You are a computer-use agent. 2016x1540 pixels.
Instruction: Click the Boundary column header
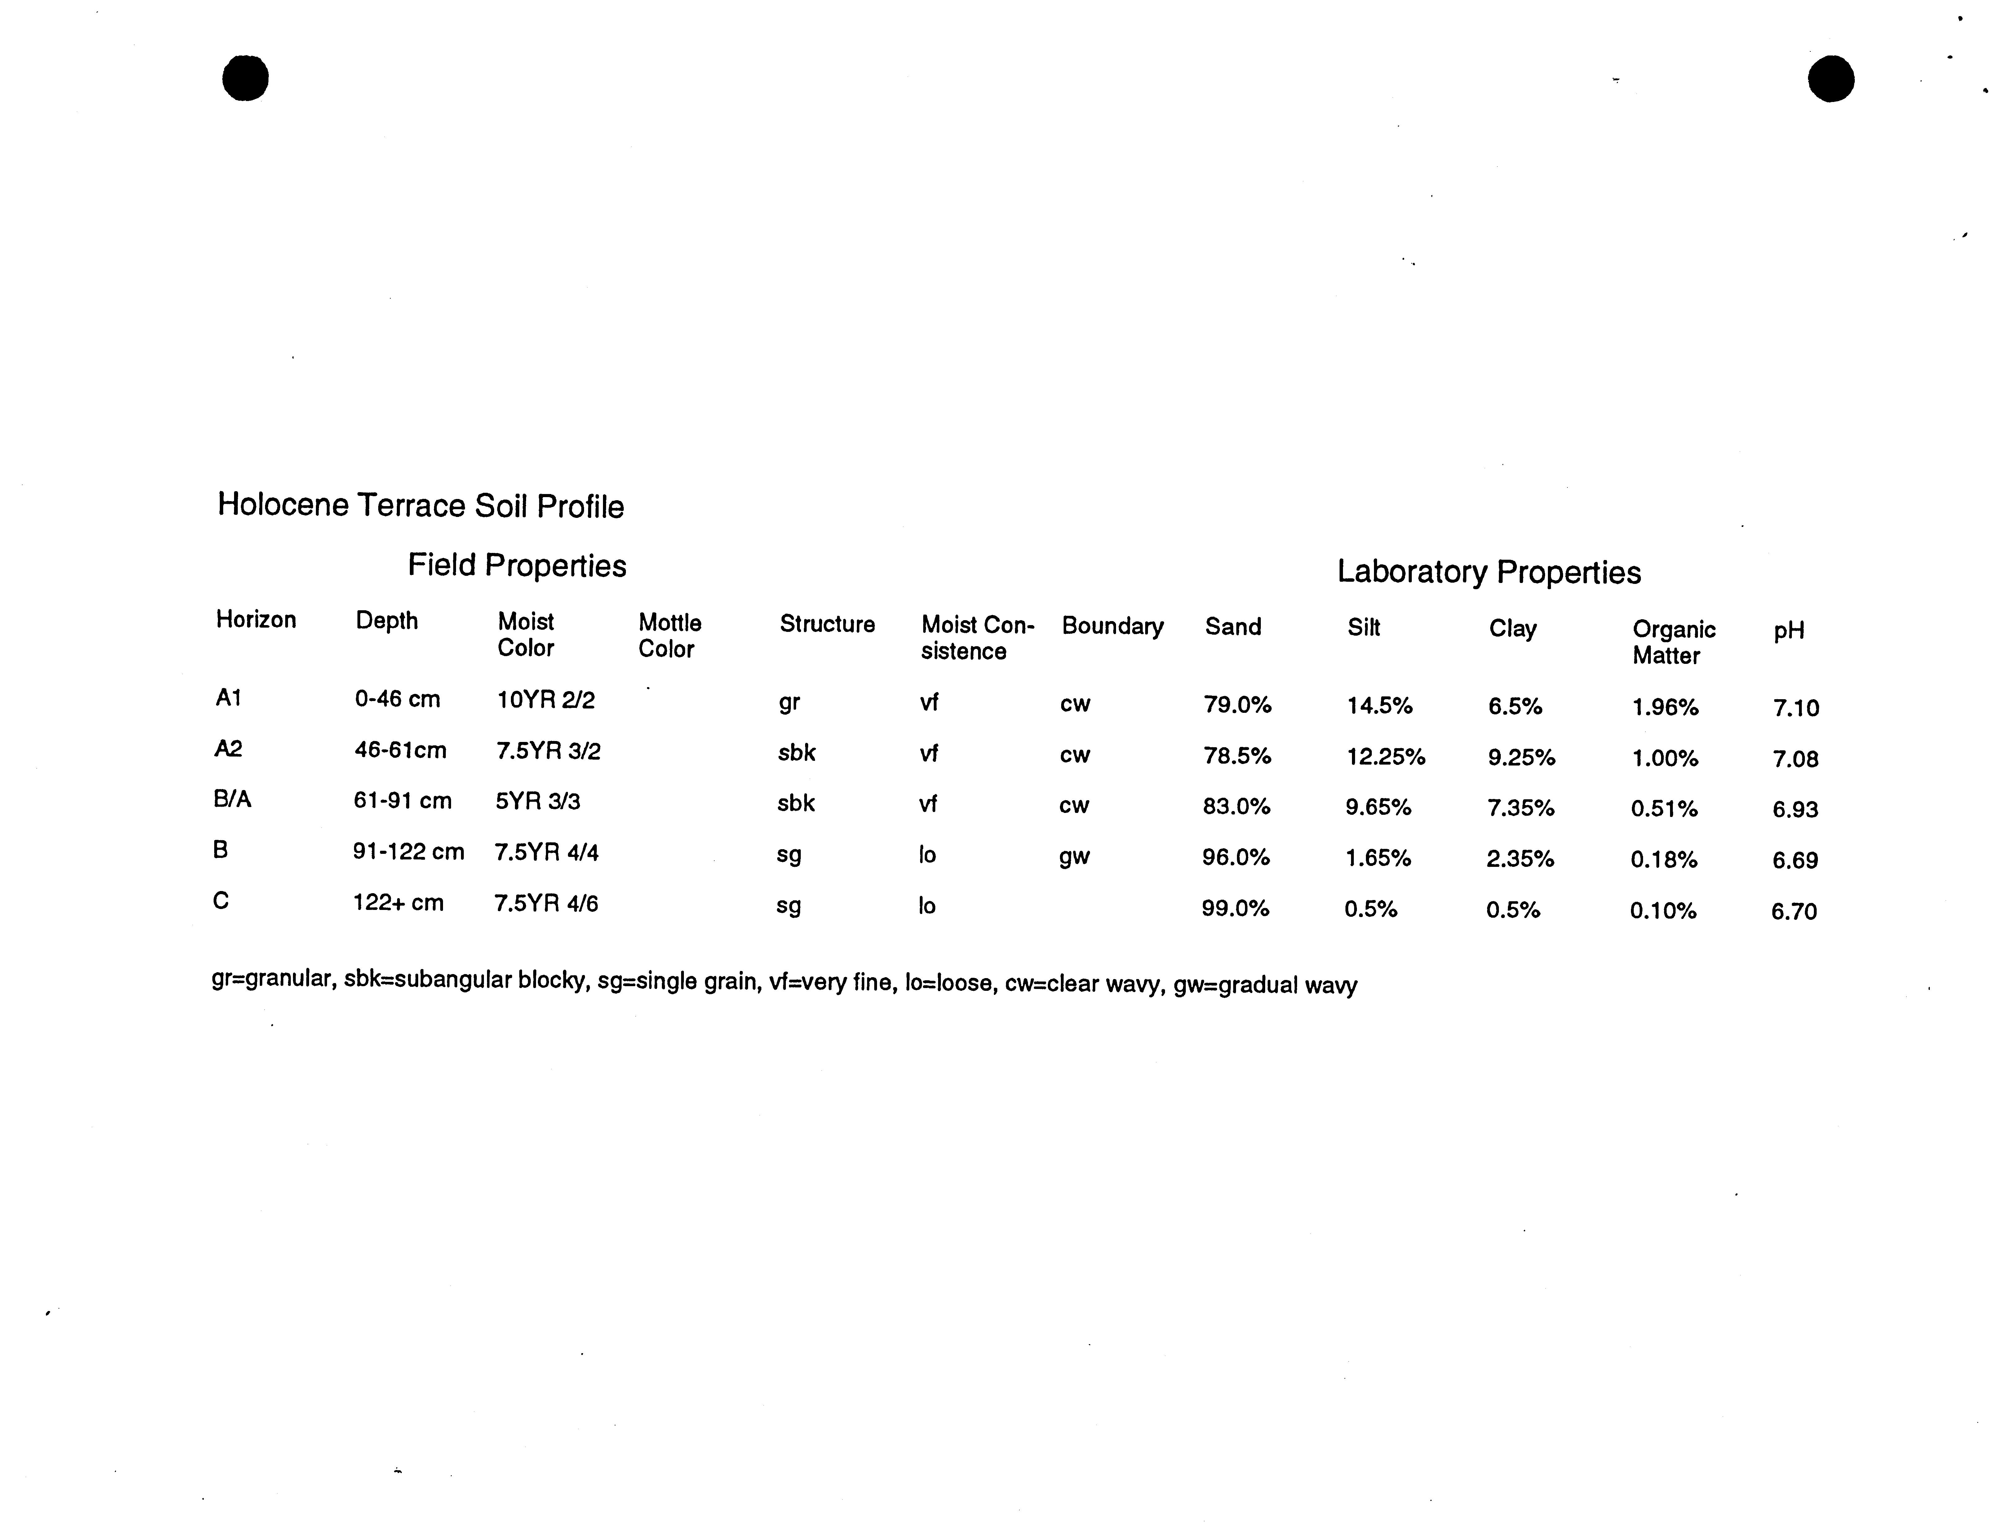point(1112,626)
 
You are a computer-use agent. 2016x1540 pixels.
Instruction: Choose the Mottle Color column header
point(669,635)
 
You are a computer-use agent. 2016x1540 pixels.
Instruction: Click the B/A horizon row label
point(232,799)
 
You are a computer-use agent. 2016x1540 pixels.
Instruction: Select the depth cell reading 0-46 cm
point(397,699)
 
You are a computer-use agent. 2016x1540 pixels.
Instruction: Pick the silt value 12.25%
point(1385,757)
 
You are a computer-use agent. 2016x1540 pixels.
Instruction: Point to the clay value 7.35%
point(1520,808)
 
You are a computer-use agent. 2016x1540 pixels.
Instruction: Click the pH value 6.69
point(1794,860)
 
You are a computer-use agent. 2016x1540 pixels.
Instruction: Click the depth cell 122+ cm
point(398,903)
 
